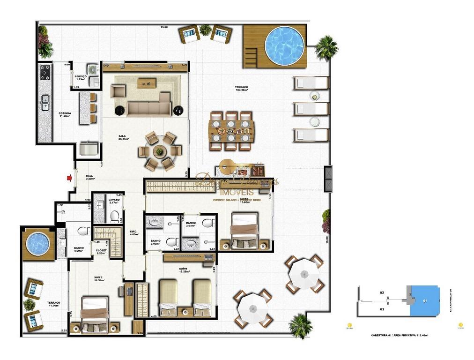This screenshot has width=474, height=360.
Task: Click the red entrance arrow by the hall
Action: pyautogui.click(x=70, y=178)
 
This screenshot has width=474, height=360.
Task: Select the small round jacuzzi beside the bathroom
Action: pyautogui.click(x=37, y=243)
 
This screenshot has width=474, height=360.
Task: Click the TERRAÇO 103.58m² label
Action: pyautogui.click(x=242, y=89)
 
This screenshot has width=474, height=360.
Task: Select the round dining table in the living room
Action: pyautogui.click(x=160, y=151)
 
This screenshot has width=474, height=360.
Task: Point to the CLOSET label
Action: pyautogui.click(x=101, y=251)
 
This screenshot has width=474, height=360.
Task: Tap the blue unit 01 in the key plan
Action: pyautogui.click(x=424, y=301)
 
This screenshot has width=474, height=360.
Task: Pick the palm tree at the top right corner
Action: pyautogui.click(x=326, y=46)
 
